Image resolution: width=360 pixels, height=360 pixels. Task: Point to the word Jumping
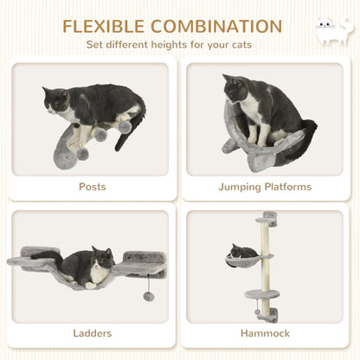tap(241, 186)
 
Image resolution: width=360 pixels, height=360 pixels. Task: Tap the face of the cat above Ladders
tap(100, 258)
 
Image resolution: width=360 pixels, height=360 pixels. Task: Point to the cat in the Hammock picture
tap(244, 252)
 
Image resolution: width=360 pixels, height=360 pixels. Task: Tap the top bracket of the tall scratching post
tap(270, 216)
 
